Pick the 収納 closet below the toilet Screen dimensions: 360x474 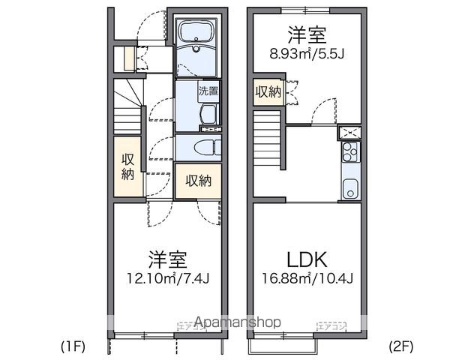point(198,181)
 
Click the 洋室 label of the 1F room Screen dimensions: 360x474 point(167,261)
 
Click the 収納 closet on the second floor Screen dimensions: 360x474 point(268,92)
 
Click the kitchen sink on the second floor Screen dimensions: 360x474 point(349,188)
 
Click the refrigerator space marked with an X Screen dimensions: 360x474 point(349,133)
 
